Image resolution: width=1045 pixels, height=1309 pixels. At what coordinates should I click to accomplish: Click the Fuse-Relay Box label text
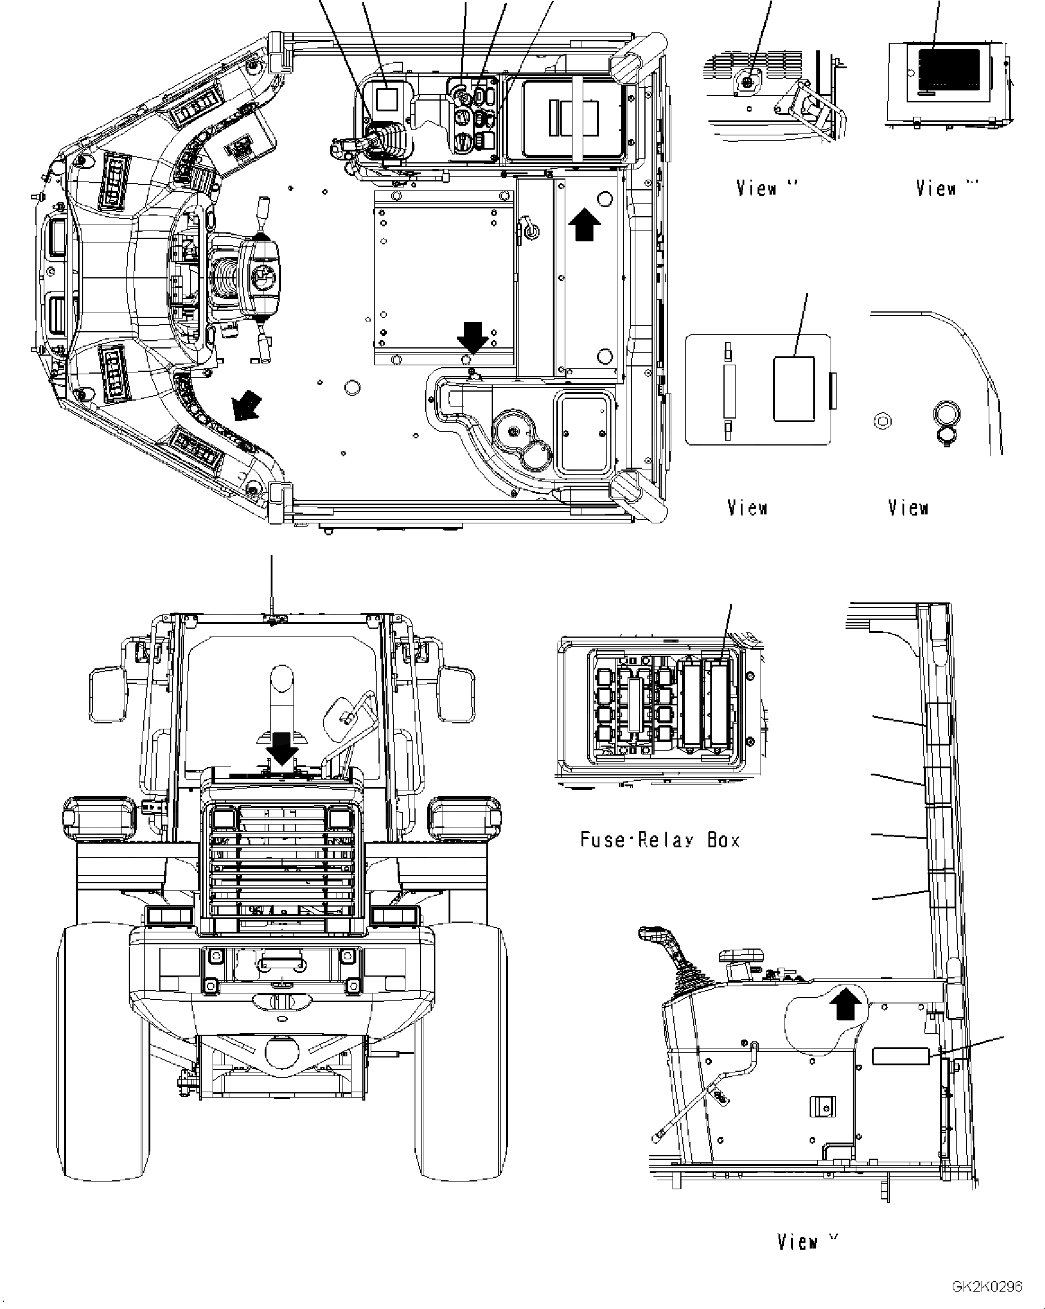point(660,840)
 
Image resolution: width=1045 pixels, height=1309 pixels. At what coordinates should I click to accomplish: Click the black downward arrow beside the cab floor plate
point(472,337)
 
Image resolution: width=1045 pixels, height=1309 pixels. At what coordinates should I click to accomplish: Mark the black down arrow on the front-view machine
point(282,749)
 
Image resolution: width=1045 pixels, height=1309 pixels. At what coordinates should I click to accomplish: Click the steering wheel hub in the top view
point(262,280)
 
